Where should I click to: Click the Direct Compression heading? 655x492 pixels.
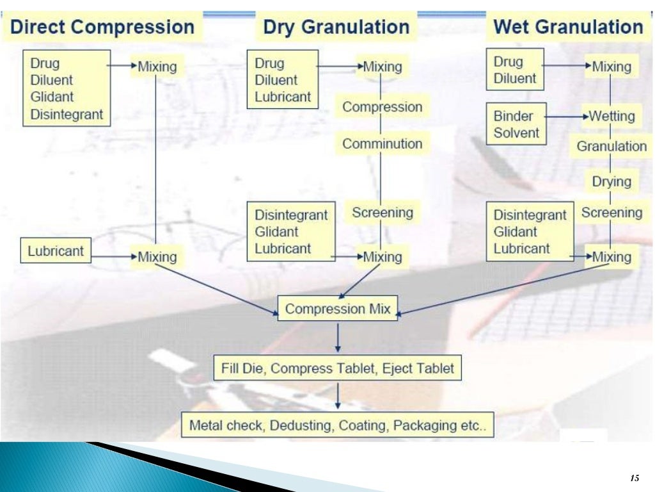coord(103,28)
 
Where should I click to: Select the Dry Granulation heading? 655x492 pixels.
coord(336,28)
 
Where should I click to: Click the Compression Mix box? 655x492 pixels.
coord(337,309)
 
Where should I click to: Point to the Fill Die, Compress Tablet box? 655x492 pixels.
coord(337,368)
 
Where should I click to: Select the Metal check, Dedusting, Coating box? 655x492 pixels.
coord(338,425)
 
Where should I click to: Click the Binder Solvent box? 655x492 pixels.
coord(516,124)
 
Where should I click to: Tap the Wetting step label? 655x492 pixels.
coord(612,117)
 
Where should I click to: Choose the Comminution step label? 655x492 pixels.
coord(382,143)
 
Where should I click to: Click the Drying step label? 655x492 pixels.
coord(611,181)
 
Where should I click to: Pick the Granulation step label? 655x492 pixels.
coord(612,146)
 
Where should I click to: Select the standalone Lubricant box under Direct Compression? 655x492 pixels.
coord(56,251)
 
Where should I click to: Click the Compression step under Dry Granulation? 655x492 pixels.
coord(382,107)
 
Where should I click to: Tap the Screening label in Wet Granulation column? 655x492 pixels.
coord(612,213)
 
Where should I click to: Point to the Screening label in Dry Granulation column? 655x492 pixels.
coord(383,213)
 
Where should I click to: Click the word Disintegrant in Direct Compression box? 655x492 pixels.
coord(67,114)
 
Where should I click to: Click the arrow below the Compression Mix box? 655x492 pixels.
coord(338,337)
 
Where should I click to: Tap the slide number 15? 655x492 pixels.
coord(635,479)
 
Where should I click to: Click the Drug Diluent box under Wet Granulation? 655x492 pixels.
coord(514,70)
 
